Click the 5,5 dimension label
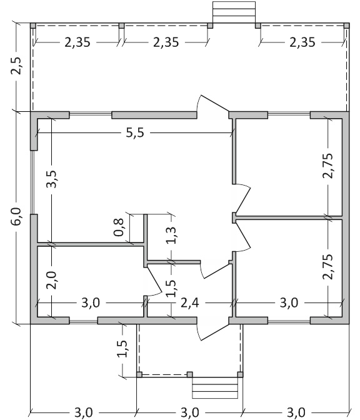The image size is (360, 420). (135, 132)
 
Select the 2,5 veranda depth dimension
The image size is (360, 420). (16, 65)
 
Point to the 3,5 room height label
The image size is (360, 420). (52, 179)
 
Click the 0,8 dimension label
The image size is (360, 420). (119, 227)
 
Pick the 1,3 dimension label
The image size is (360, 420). (171, 235)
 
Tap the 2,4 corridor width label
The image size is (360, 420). (189, 303)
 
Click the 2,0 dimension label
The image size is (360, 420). (51, 280)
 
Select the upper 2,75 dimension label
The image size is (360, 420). (328, 165)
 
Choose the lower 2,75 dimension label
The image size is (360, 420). (328, 266)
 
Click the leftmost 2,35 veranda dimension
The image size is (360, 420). (77, 42)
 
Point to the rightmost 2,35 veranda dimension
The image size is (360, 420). (302, 42)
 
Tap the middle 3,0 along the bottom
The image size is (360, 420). (189, 412)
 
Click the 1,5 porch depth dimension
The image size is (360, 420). (122, 349)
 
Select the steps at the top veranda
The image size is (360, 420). (234, 12)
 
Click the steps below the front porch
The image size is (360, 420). (215, 387)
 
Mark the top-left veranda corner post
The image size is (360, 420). (33, 26)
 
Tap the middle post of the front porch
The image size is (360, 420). (189, 374)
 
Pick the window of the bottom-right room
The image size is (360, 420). (289, 321)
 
